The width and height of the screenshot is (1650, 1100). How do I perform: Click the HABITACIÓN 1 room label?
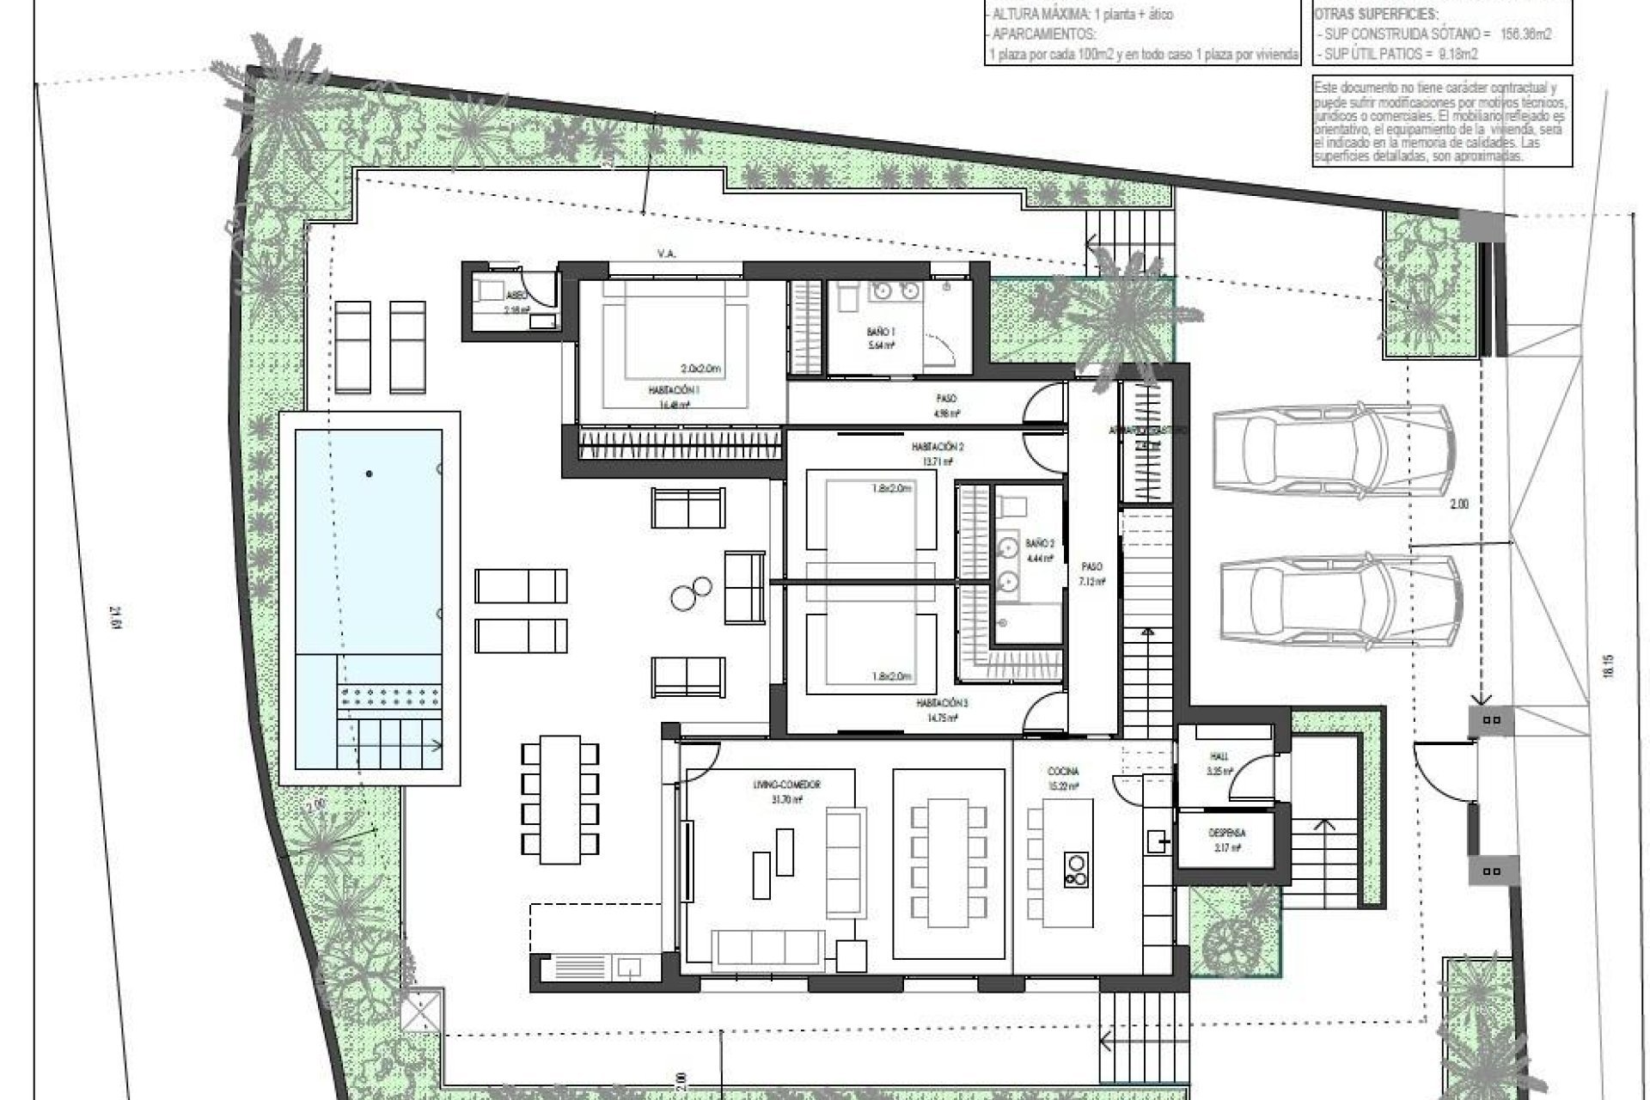pyautogui.click(x=675, y=389)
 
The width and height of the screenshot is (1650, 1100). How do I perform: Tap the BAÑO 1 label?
pyautogui.click(x=881, y=330)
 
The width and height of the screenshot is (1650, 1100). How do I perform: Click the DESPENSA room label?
pyautogui.click(x=1226, y=833)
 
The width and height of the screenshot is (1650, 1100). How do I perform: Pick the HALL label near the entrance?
pyautogui.click(x=1219, y=756)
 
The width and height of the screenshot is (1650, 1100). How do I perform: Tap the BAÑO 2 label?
pyautogui.click(x=1039, y=543)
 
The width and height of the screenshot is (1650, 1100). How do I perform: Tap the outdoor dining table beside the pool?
pyautogui.click(x=560, y=799)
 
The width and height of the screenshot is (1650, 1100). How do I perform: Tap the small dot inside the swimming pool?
pyautogui.click(x=369, y=474)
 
